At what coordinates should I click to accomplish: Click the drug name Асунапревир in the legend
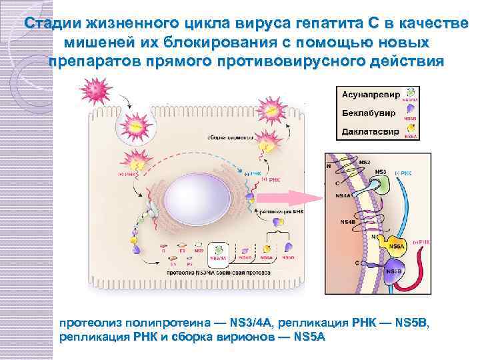tap(370, 95)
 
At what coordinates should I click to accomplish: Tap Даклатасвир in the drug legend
tap(370, 131)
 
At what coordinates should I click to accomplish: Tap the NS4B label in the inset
tap(348, 221)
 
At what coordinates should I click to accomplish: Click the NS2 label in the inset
tap(365, 162)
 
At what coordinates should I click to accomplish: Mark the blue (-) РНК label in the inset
tap(403, 174)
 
